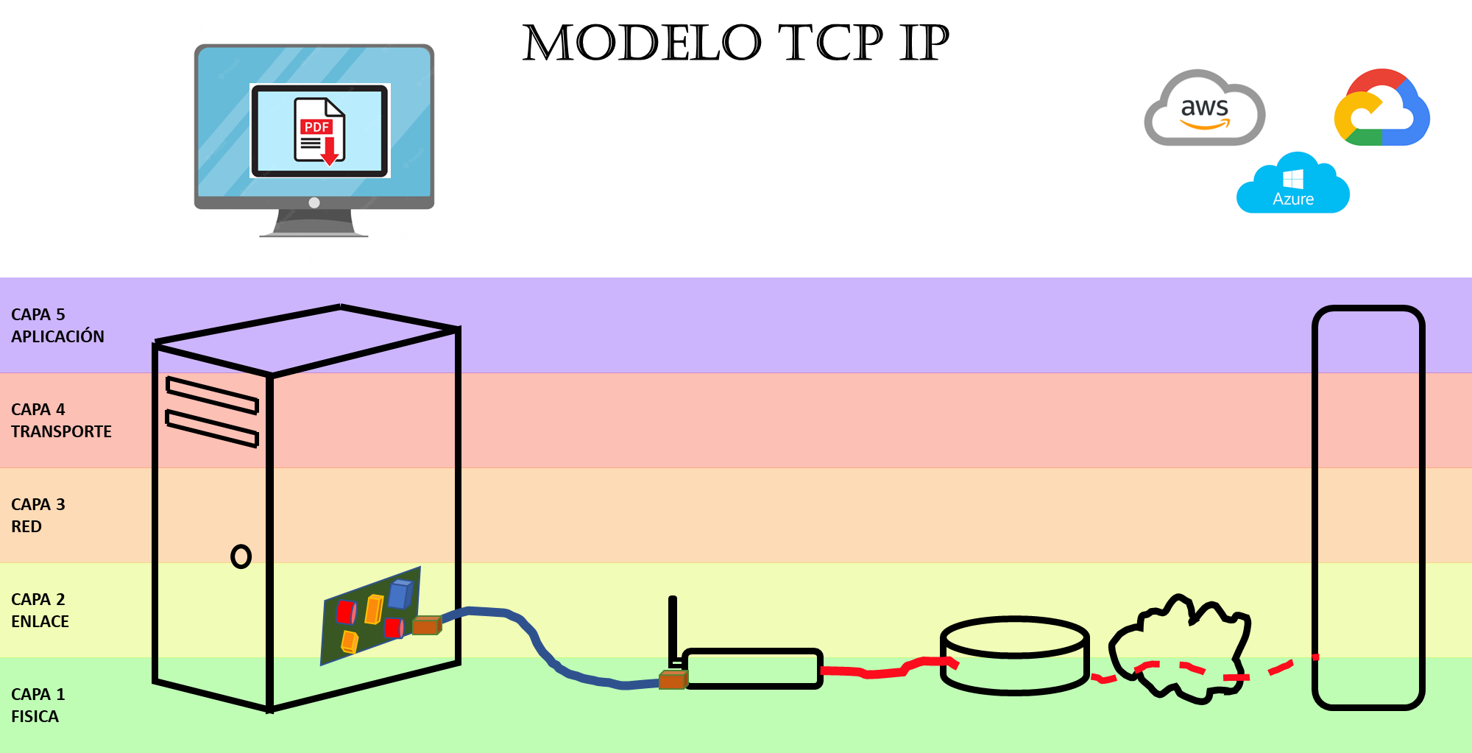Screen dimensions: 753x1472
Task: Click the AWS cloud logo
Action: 1204,108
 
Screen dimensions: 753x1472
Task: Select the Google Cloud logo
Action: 1381,108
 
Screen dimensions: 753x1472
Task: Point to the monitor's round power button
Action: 314,202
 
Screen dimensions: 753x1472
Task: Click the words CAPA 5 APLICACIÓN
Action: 57,325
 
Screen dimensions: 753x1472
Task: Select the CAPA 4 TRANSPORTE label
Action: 61,420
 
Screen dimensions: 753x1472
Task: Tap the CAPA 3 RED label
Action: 38,515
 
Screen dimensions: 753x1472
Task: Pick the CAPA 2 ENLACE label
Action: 40,610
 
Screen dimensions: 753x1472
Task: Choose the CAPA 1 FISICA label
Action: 38,705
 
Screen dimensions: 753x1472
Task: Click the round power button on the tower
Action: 241,556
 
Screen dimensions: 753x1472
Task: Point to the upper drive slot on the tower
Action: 212,395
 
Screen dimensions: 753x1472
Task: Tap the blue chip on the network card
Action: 400,595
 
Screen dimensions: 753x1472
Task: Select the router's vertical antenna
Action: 672,626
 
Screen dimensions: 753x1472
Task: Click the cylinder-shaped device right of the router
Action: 1014,655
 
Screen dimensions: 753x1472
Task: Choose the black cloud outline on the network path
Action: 1178,648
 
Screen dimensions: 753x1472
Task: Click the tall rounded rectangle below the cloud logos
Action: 1368,508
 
